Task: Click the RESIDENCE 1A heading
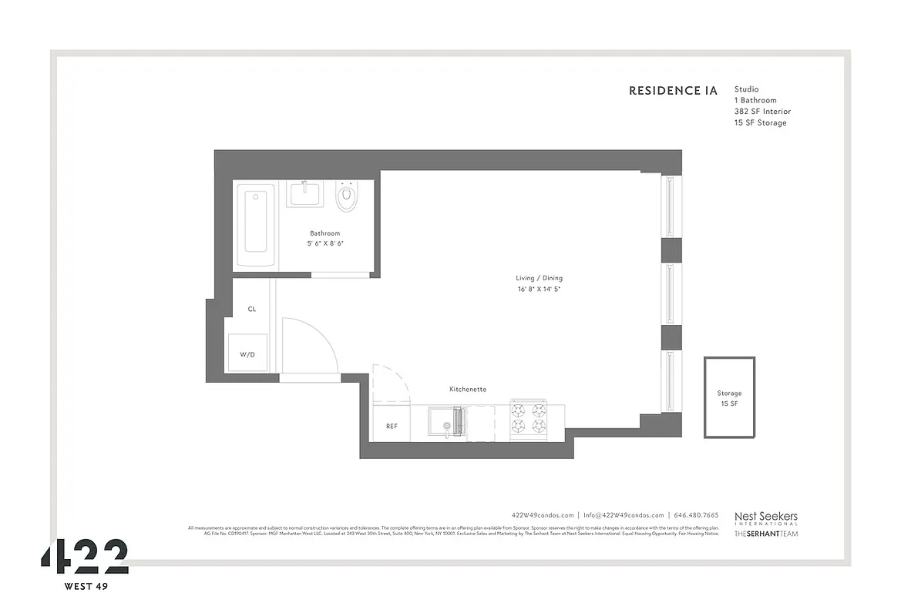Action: tap(673, 91)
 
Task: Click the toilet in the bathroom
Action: tap(348, 197)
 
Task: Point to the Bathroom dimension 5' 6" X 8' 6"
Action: tap(324, 243)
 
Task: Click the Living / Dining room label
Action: tap(533, 278)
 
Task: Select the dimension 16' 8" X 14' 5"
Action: tap(533, 290)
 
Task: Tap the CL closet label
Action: tap(252, 309)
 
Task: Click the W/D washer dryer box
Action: tap(247, 355)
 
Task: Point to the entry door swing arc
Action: tap(312, 346)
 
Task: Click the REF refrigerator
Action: tap(392, 426)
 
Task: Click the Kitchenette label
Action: tap(468, 390)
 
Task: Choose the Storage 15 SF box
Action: tap(729, 397)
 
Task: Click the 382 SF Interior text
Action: tap(761, 112)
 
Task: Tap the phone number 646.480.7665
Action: tap(696, 515)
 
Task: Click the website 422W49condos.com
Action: tap(543, 515)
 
